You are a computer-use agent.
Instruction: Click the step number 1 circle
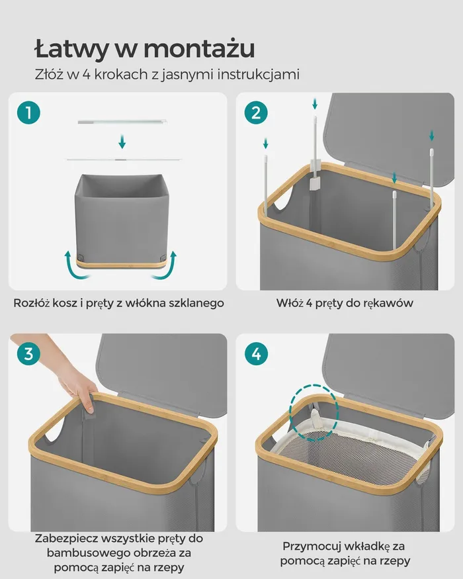pyautogui.click(x=29, y=112)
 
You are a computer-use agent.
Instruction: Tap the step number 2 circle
pyautogui.click(x=256, y=112)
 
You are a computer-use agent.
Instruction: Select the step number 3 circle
pyautogui.click(x=29, y=354)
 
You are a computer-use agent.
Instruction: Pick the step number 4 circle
pyautogui.click(x=256, y=354)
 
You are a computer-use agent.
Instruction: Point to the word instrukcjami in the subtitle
pyautogui.click(x=258, y=75)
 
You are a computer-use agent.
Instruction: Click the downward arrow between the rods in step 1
pyautogui.click(x=122, y=142)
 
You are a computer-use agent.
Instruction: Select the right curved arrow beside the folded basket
pyautogui.click(x=167, y=265)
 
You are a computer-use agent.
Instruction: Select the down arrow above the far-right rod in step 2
pyautogui.click(x=432, y=135)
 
